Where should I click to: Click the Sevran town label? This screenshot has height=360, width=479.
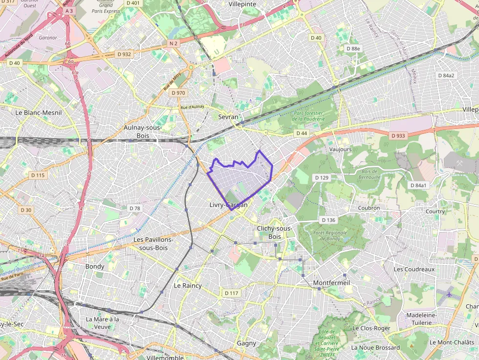pos(228,117)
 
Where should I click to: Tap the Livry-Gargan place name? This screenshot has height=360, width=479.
pos(228,205)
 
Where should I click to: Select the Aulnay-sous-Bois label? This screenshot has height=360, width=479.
pos(143,131)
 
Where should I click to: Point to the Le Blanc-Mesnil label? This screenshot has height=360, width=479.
pos(39,112)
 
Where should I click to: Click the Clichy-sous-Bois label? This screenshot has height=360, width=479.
pos(274,233)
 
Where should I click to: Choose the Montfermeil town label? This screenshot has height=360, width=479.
pos(331,283)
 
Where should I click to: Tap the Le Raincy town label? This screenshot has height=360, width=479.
pos(188,285)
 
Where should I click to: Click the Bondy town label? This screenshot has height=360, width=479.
pos(95,266)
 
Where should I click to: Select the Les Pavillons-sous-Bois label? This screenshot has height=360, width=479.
pos(153,244)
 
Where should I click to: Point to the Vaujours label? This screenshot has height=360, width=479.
pos(340,149)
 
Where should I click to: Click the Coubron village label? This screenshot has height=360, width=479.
pos(369,208)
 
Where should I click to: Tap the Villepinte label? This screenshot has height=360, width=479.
pos(242,4)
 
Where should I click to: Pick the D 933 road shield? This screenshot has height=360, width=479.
pos(398,135)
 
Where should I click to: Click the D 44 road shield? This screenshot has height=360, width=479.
pos(301,133)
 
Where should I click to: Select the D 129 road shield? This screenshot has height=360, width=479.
pos(321,177)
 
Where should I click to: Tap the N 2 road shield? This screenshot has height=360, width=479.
pos(173,43)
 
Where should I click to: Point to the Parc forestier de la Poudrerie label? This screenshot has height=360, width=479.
pos(308,115)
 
